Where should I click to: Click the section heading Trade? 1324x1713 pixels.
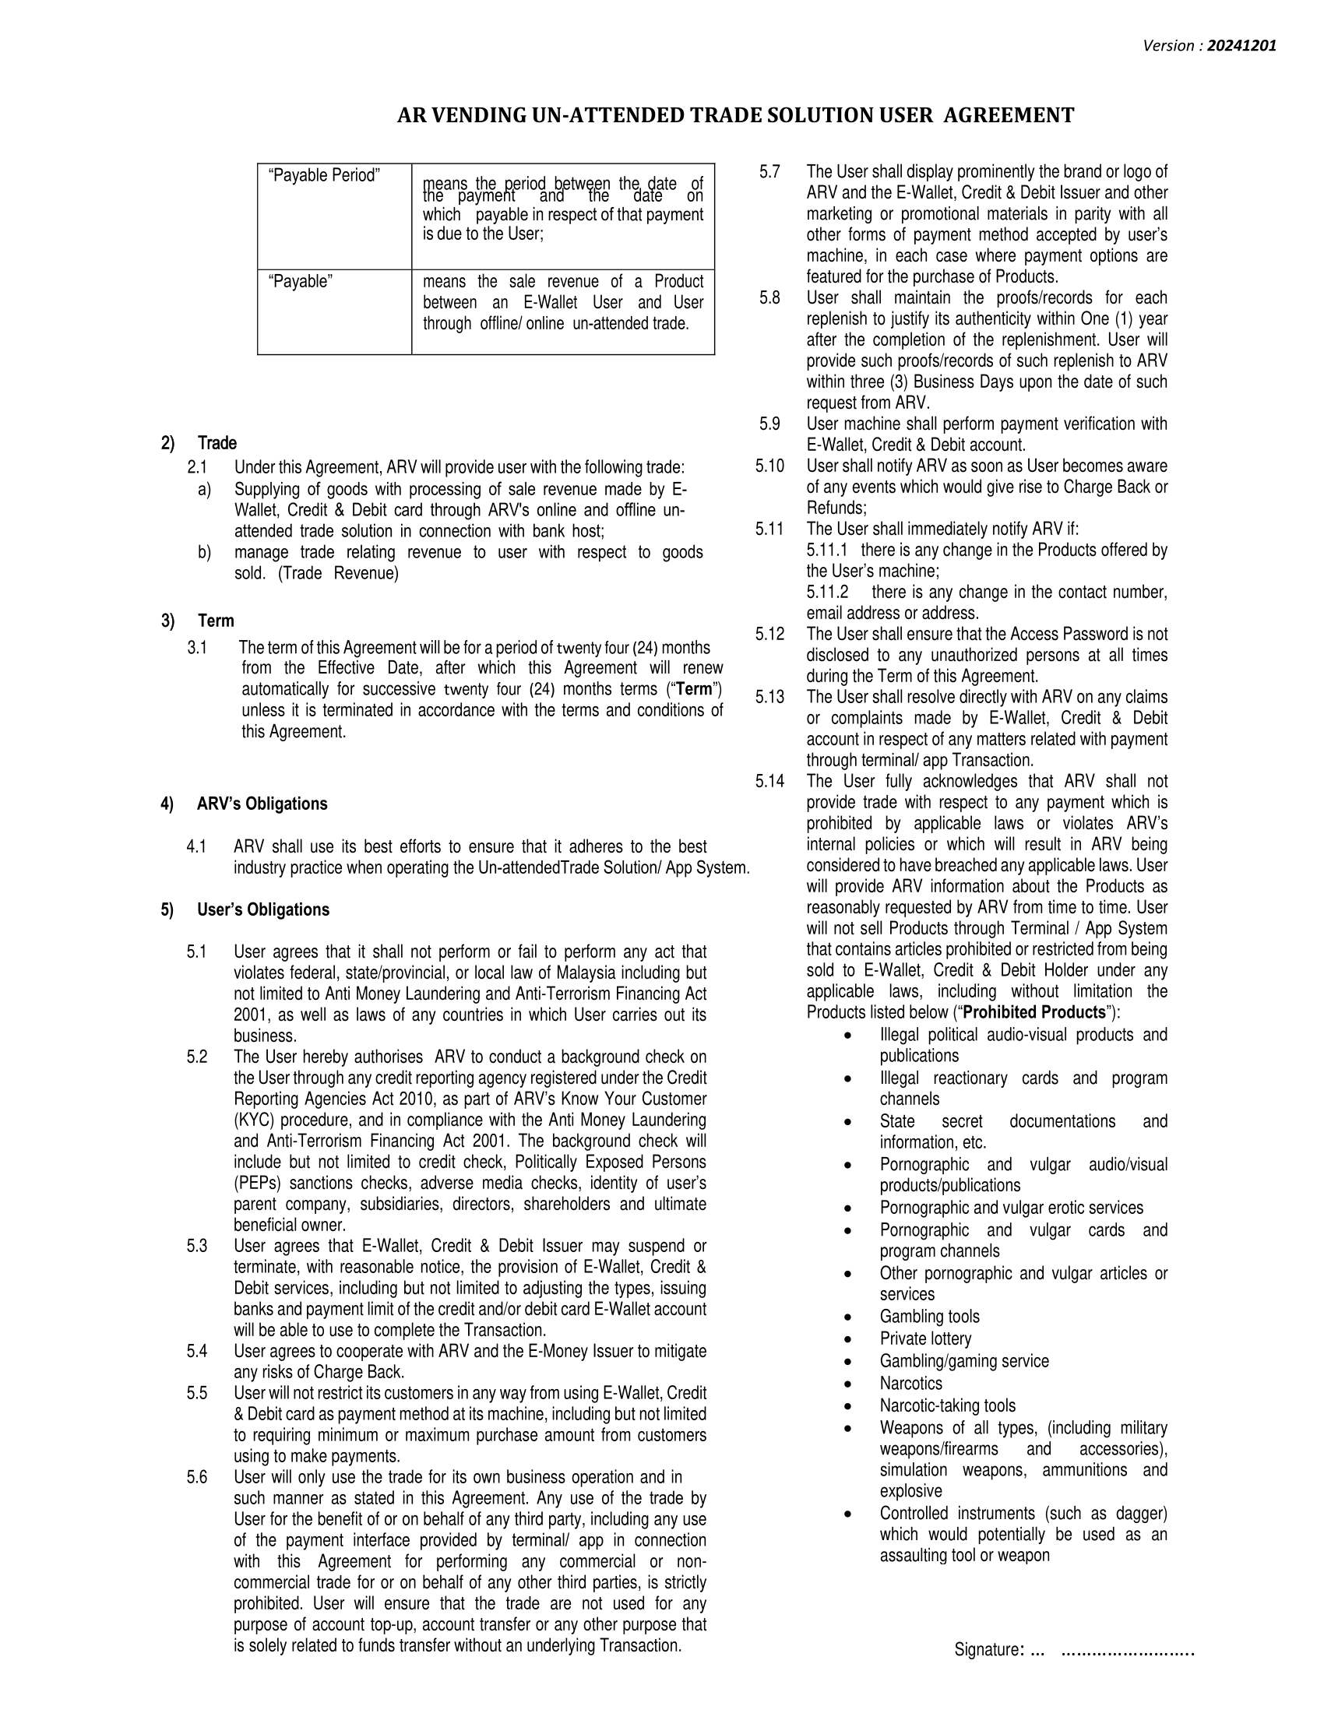[217, 443]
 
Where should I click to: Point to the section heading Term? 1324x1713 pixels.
[216, 621]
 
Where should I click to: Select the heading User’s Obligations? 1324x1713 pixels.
[262, 909]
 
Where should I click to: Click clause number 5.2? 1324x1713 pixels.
[197, 1057]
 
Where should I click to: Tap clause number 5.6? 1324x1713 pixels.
[197, 1478]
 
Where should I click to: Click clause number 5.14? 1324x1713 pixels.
[769, 781]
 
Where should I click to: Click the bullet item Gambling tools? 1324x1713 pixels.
[929, 1317]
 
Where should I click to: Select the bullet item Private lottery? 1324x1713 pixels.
[924, 1339]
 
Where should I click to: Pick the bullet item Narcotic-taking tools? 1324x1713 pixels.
[947, 1405]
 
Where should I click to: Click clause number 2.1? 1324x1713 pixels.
[197, 468]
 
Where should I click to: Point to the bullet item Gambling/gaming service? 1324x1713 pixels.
[964, 1361]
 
